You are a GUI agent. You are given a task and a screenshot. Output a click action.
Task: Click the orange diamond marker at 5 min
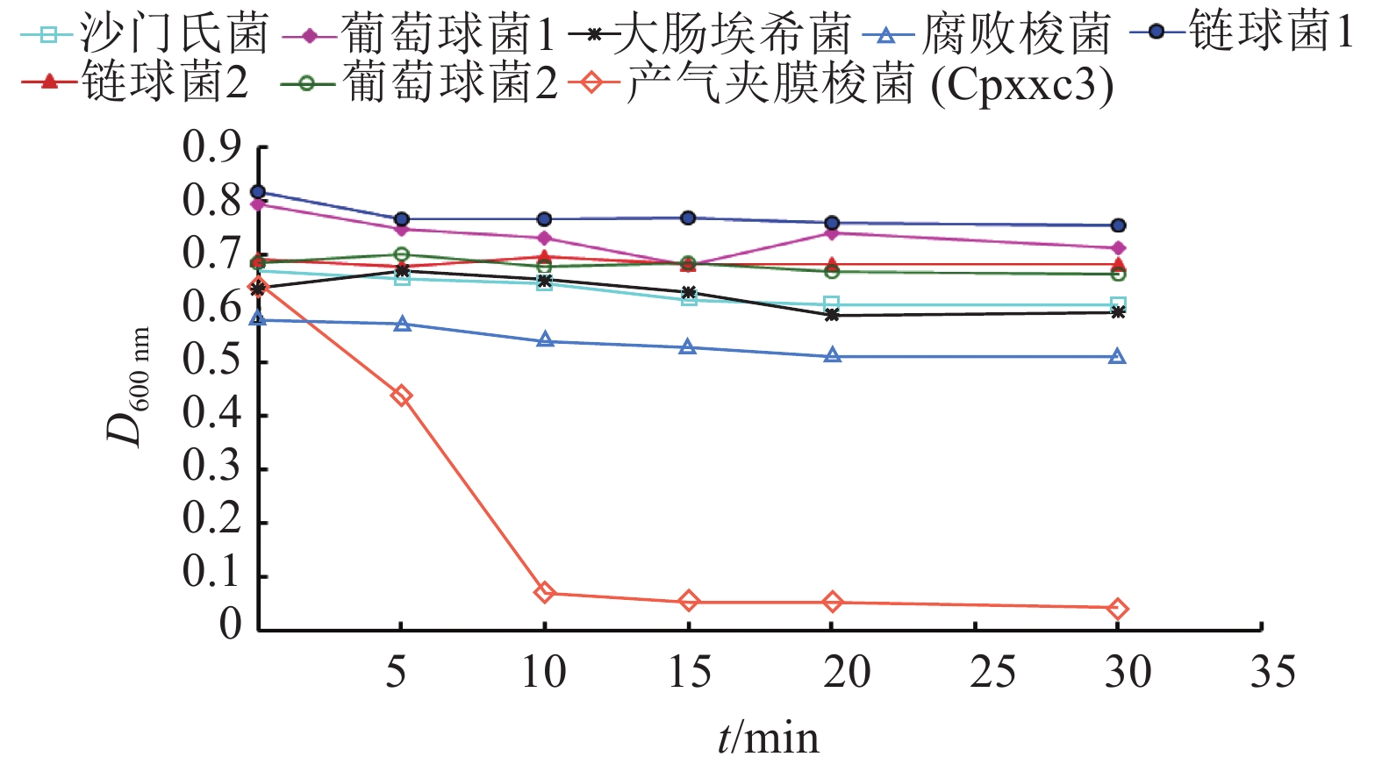(401, 396)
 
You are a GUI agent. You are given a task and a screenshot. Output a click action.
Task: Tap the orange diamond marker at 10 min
(544, 592)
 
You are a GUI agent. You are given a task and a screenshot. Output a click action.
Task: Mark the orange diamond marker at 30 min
(1117, 608)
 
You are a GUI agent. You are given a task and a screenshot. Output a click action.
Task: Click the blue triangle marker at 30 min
(1117, 356)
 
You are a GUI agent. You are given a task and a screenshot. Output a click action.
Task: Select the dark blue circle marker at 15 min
(688, 218)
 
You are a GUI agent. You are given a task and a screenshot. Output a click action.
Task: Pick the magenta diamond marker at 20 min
(832, 232)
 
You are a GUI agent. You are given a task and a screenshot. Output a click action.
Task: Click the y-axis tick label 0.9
(211, 146)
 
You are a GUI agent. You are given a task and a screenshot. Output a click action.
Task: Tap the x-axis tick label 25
(992, 673)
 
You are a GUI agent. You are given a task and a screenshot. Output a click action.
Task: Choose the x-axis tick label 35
(1272, 673)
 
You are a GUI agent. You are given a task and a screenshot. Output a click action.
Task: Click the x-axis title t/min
(768, 738)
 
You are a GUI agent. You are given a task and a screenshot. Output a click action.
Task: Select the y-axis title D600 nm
(128, 386)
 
